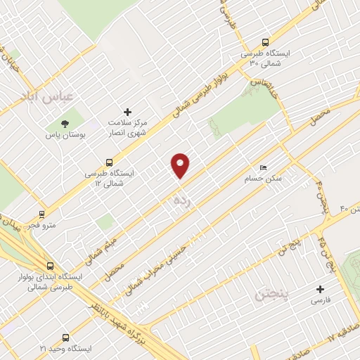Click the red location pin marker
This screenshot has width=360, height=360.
coord(181,165)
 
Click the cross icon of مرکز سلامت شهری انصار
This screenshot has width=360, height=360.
coord(127,112)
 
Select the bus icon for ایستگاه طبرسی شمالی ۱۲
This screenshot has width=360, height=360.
coord(108,162)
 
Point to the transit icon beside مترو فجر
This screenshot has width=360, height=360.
coord(43,214)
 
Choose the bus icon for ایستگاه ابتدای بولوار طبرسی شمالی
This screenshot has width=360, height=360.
coord(49,266)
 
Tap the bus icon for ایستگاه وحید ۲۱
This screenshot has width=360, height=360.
coord(66,338)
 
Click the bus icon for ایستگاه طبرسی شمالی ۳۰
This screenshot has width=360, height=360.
coord(265,41)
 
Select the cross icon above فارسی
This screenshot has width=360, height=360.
coord(321,289)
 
